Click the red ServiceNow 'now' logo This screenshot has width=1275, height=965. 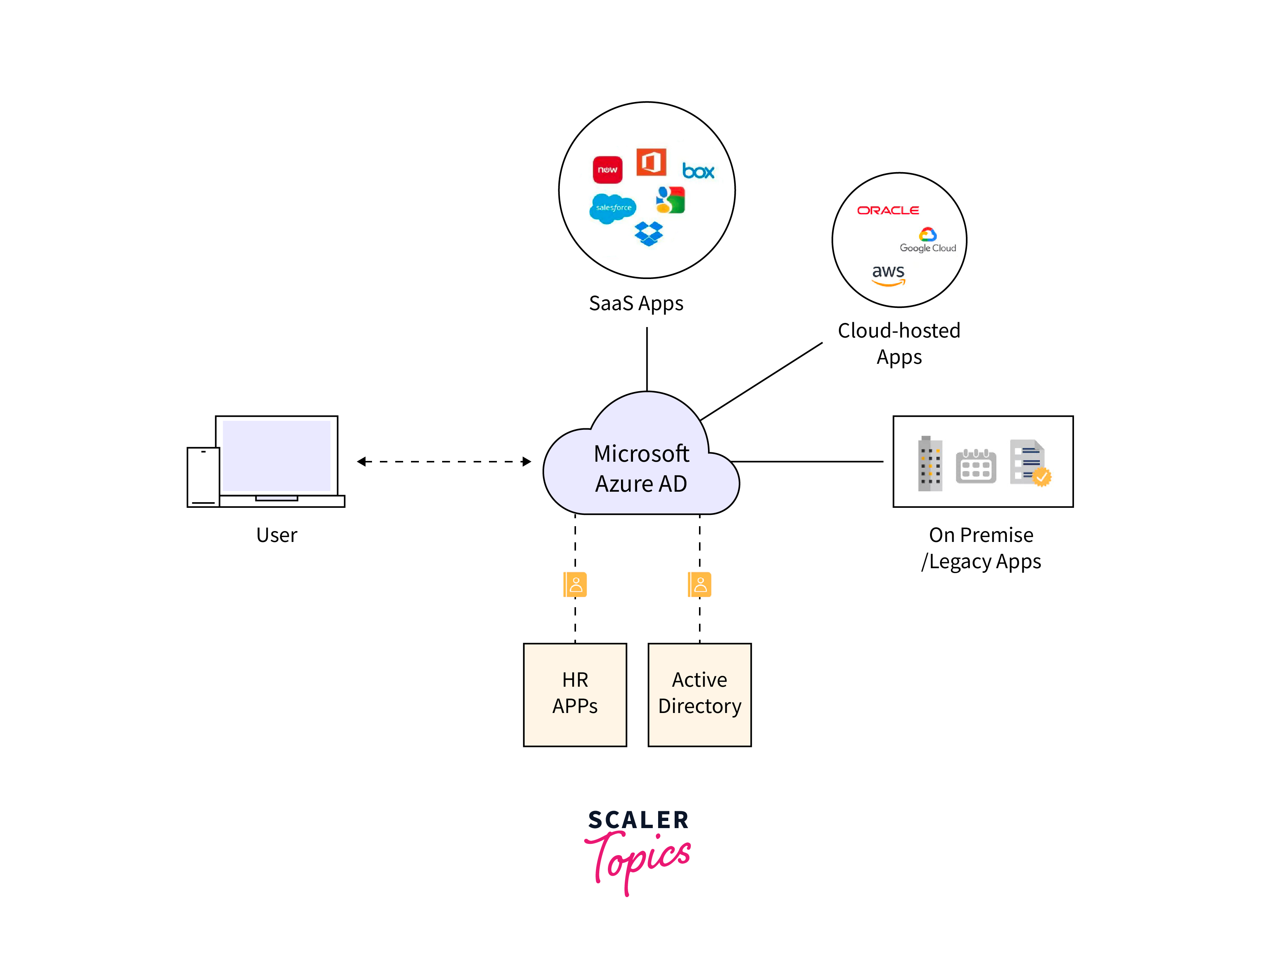(607, 170)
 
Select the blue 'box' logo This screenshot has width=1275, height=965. (697, 171)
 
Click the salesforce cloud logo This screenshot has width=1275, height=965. (613, 207)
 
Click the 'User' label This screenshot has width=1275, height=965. (277, 535)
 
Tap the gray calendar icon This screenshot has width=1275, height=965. (975, 466)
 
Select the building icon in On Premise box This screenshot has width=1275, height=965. (930, 464)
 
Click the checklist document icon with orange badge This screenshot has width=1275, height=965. (1029, 463)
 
